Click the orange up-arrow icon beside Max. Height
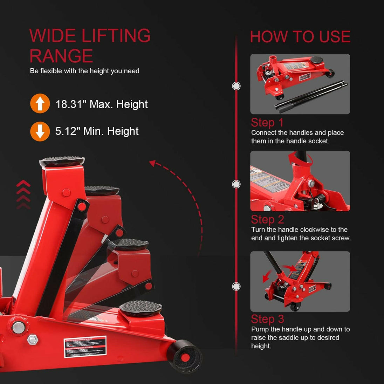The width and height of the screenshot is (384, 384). pyautogui.click(x=40, y=103)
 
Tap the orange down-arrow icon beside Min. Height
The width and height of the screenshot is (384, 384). pyautogui.click(x=40, y=131)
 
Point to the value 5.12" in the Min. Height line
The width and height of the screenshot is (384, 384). pyautogui.click(x=68, y=131)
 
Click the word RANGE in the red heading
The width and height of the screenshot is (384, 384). pyautogui.click(x=61, y=56)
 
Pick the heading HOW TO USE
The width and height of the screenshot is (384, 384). pyautogui.click(x=300, y=37)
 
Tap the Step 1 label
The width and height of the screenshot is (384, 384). pyautogui.click(x=267, y=123)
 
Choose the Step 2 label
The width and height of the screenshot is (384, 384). pyautogui.click(x=267, y=220)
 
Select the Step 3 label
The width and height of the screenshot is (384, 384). pyautogui.click(x=267, y=319)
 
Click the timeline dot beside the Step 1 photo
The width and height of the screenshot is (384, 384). pyautogui.click(x=236, y=86)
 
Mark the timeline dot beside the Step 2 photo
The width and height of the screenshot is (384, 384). pyautogui.click(x=236, y=184)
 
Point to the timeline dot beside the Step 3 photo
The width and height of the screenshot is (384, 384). pyautogui.click(x=236, y=287)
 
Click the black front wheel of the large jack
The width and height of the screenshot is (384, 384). pyautogui.click(x=185, y=357)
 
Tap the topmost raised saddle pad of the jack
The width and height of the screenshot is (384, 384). pyautogui.click(x=62, y=162)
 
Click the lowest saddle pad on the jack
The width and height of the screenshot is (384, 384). pyautogui.click(x=140, y=308)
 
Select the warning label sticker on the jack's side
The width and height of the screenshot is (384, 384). pyautogui.click(x=85, y=347)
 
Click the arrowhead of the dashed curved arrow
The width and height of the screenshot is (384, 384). pyautogui.click(x=152, y=163)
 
